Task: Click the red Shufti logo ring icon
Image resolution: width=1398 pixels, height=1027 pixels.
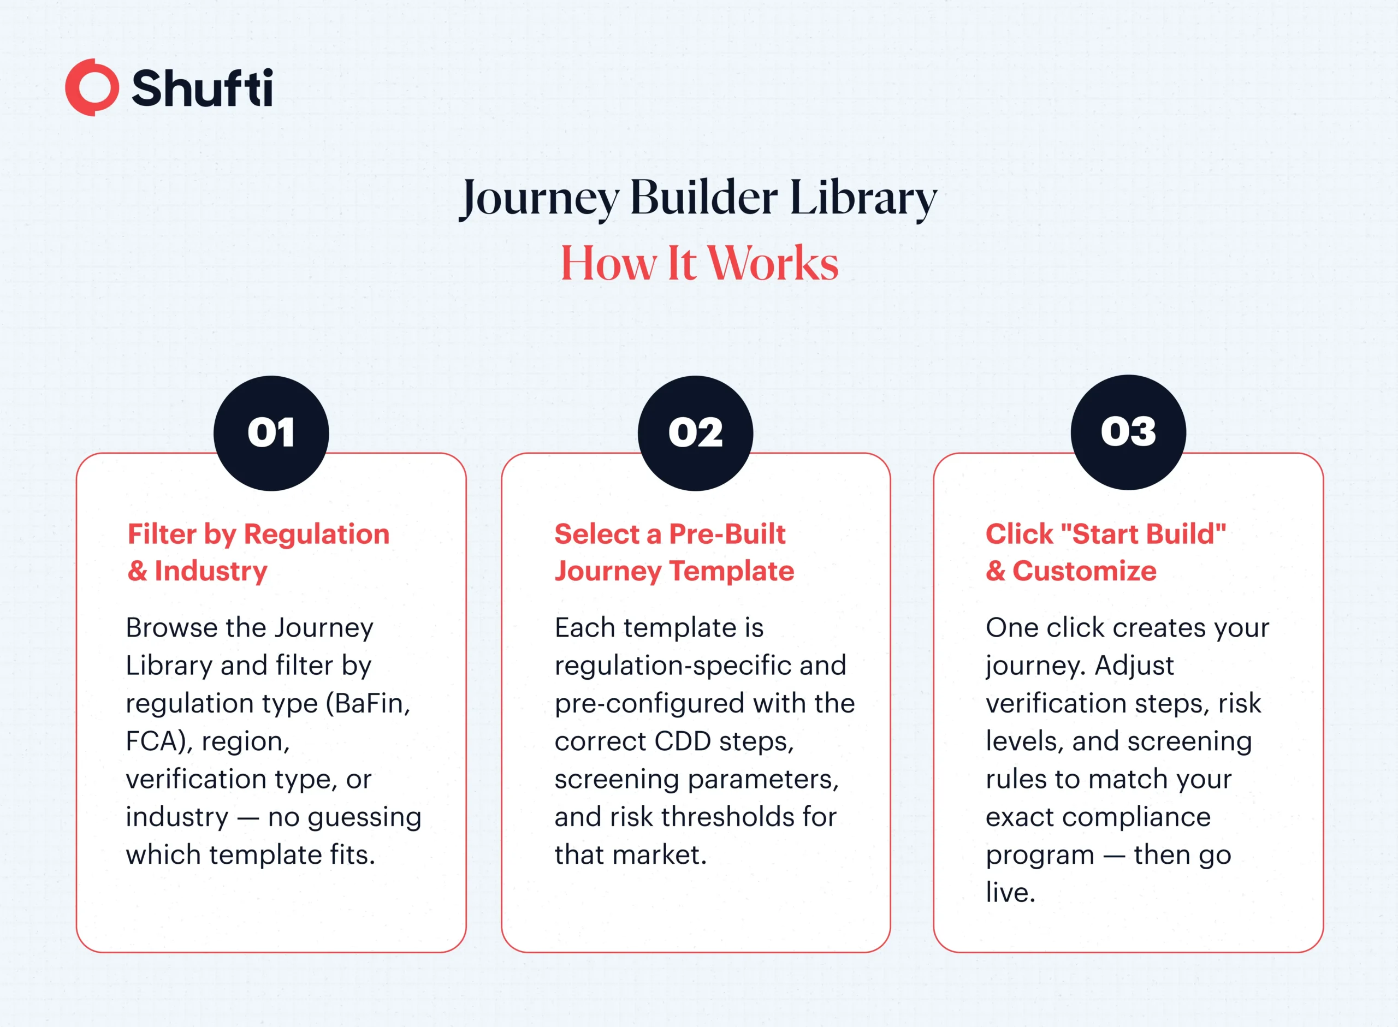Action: (x=92, y=87)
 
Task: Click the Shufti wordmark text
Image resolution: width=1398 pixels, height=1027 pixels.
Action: (x=202, y=88)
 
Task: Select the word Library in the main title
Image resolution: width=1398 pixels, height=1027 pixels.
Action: (x=863, y=198)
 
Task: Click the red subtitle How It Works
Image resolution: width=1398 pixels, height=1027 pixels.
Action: (x=700, y=264)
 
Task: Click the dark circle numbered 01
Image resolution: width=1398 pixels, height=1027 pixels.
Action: (x=271, y=434)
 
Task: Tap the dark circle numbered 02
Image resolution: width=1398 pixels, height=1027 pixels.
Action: (x=696, y=434)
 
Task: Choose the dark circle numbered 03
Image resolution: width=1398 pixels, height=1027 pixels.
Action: (x=1128, y=432)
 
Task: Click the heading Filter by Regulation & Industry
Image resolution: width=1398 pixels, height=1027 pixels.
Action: (x=259, y=552)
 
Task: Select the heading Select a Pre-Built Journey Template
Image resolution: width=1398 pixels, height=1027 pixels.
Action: (x=674, y=552)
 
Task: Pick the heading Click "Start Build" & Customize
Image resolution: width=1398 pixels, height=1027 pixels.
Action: (x=1105, y=552)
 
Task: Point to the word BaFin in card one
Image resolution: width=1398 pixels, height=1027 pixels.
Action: (x=372, y=704)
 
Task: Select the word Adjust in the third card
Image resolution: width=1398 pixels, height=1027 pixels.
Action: (x=1134, y=666)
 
